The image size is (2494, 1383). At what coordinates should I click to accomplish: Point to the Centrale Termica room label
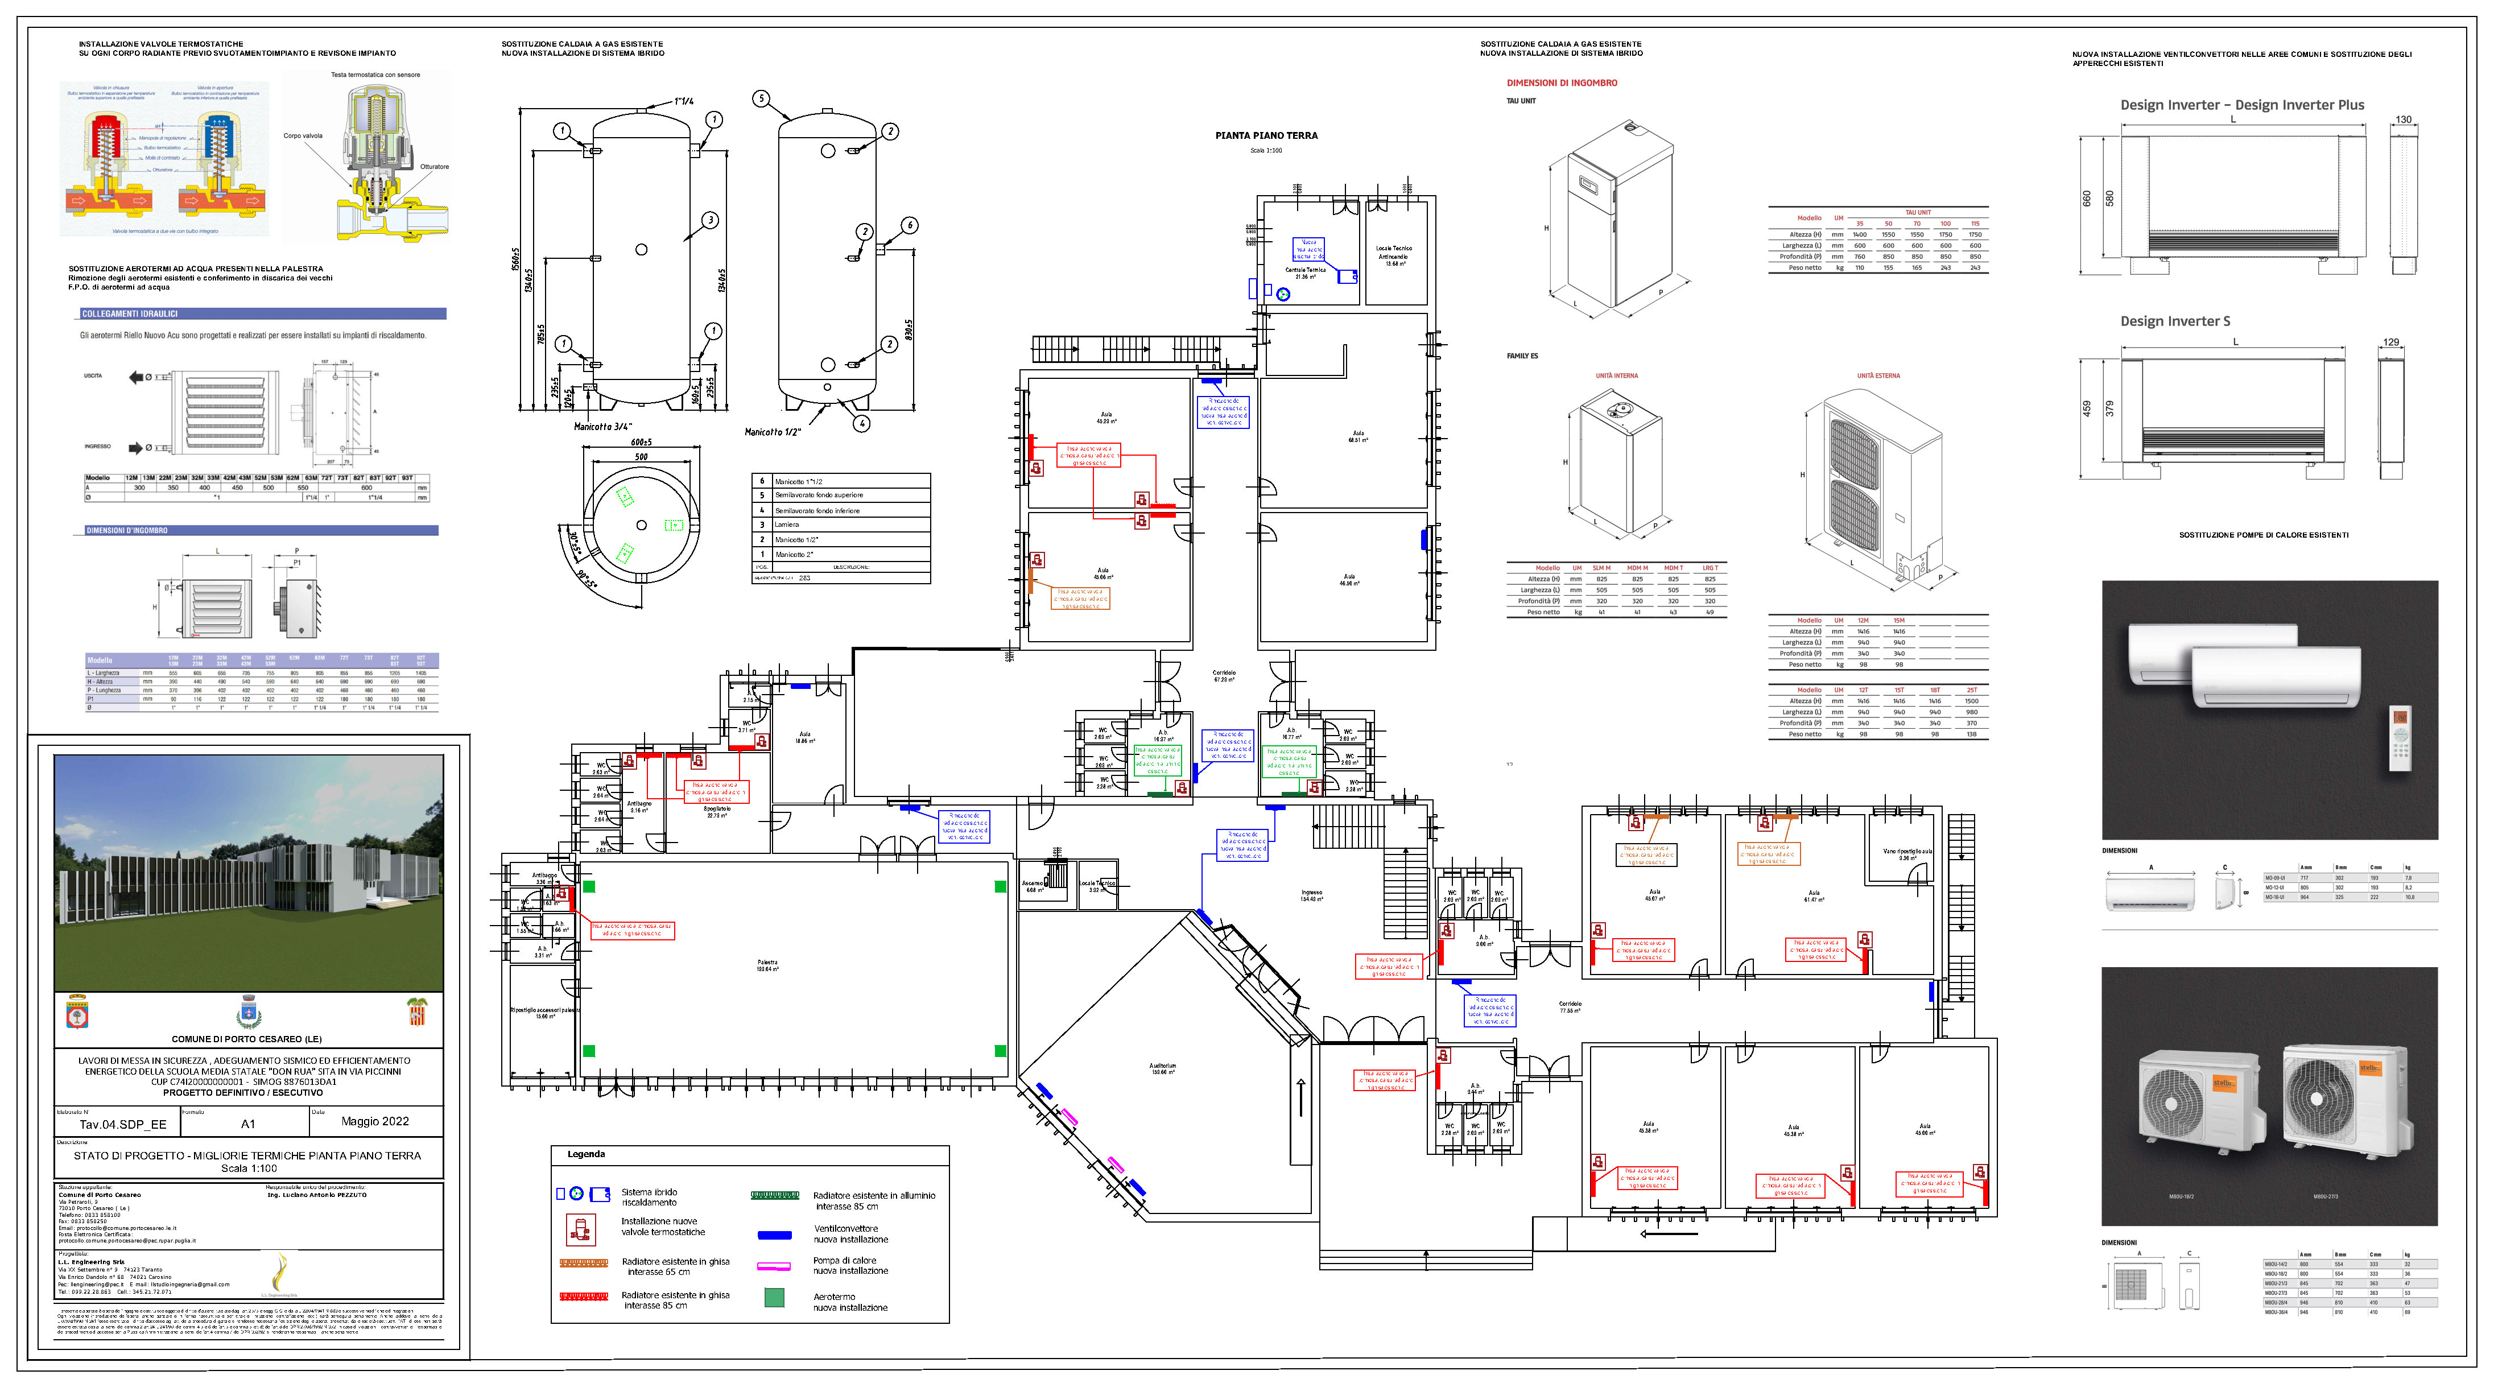point(1305,271)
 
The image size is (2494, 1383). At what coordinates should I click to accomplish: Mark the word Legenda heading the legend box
point(586,1154)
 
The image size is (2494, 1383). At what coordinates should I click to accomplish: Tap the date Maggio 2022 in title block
point(375,1121)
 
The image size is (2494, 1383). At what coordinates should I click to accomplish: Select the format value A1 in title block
point(248,1124)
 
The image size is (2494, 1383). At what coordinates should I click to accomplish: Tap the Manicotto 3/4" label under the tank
point(602,426)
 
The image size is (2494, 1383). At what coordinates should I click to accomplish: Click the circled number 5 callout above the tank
point(761,99)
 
